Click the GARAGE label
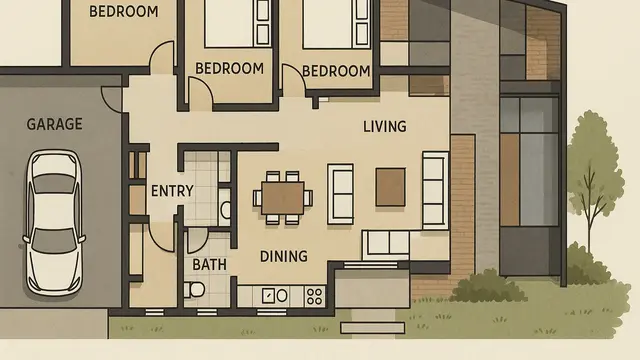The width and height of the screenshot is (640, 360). (x=54, y=125)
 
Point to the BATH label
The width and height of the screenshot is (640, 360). (x=210, y=265)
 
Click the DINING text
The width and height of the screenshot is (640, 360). (x=283, y=256)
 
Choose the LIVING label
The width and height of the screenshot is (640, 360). (x=384, y=126)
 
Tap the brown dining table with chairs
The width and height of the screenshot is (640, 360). (x=283, y=194)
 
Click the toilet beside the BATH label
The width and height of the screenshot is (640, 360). (x=196, y=289)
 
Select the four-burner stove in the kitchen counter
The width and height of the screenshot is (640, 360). (x=314, y=296)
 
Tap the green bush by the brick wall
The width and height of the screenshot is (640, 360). (x=488, y=286)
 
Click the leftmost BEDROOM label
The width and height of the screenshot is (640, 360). (x=123, y=12)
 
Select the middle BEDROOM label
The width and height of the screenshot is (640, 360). (x=229, y=69)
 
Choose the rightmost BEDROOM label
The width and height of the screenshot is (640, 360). (x=336, y=70)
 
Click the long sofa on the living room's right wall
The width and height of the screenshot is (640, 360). (x=435, y=190)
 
